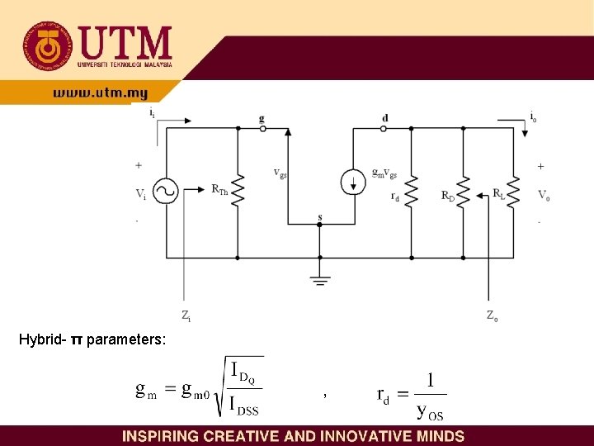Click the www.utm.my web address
[x=100, y=94]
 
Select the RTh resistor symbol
[x=238, y=192]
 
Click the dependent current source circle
[x=353, y=182]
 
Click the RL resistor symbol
[x=513, y=192]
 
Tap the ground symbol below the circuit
[x=319, y=280]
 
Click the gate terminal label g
[x=262, y=118]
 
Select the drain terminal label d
[x=384, y=118]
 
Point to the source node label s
[x=319, y=217]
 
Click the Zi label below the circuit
[x=186, y=315]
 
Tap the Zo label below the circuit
[x=492, y=315]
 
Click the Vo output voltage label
[x=543, y=195]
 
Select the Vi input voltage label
[x=142, y=194]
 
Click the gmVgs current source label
[x=384, y=173]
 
